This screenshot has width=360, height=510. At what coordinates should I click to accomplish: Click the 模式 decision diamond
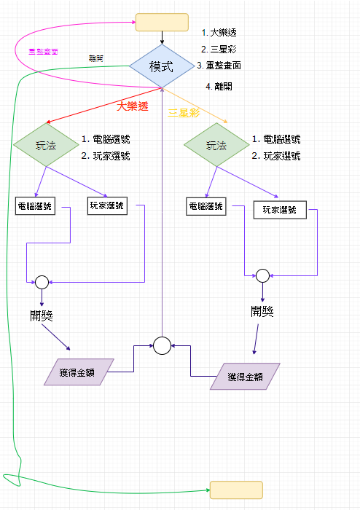161,66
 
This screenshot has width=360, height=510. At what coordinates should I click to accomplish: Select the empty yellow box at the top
162,22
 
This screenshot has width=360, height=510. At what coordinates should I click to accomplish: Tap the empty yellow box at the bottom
235,490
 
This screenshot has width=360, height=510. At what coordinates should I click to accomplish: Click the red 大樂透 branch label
133,106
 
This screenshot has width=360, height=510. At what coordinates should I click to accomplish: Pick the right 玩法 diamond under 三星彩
216,145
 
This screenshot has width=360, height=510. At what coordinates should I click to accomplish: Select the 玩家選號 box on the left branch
106,205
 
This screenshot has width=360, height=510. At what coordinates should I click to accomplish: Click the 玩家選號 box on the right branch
280,210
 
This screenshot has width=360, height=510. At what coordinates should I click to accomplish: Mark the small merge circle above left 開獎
42,282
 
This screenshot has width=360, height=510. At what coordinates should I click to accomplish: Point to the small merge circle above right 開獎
262,275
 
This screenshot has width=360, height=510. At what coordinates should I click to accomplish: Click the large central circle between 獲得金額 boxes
162,345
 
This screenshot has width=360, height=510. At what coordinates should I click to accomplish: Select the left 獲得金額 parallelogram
79,372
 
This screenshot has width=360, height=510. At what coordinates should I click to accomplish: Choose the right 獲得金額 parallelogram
246,376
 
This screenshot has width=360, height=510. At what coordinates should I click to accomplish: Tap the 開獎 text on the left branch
42,315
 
